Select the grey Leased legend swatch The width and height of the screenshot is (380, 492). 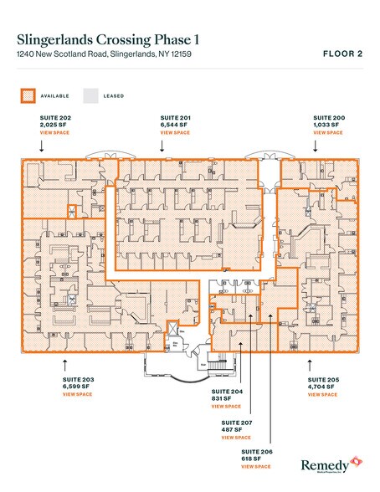(90, 95)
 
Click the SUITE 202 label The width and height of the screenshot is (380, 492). (55, 119)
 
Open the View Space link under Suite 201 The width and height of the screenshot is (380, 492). (175, 133)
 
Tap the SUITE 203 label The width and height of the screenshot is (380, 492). (78, 380)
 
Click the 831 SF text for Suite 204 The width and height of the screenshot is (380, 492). (222, 399)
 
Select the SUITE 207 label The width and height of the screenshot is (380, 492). (235, 423)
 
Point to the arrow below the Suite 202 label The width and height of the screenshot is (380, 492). (41, 146)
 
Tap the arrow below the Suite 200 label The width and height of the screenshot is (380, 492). (315, 146)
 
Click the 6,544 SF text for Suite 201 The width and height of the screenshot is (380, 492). (174, 126)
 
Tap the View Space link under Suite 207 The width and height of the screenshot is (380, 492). (236, 437)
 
